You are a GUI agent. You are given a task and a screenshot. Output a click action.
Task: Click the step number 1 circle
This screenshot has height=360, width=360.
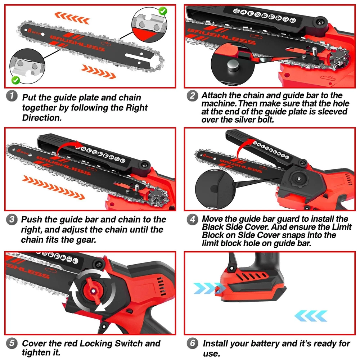(x=12, y=96)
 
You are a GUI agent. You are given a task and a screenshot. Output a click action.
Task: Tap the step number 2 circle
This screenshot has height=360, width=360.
(x=192, y=96)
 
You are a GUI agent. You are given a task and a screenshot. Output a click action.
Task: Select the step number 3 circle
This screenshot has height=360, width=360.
(x=12, y=220)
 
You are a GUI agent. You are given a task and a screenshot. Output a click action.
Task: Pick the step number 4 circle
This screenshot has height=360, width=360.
(x=192, y=220)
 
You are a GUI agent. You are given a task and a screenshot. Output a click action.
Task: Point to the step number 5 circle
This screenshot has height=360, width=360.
(x=12, y=344)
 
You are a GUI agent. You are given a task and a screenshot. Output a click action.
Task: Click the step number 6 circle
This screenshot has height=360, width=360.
(x=192, y=344)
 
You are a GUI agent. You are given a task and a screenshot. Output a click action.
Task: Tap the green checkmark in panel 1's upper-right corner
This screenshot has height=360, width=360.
(x=163, y=11)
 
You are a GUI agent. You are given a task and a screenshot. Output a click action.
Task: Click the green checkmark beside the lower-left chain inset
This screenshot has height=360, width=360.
(x=15, y=80)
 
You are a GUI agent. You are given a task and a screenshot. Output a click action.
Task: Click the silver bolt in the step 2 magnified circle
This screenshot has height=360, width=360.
(x=232, y=65)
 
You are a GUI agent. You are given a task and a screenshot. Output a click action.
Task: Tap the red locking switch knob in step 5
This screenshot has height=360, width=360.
(x=93, y=291)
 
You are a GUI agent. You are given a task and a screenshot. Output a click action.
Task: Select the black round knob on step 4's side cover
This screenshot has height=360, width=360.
(x=298, y=179)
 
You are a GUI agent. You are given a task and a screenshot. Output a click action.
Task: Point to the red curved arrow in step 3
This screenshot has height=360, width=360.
(x=68, y=147)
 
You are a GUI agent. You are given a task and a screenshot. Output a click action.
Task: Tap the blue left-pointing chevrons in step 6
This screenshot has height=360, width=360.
(x=311, y=316)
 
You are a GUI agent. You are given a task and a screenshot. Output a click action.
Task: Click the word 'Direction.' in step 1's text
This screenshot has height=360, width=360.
(x=42, y=118)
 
